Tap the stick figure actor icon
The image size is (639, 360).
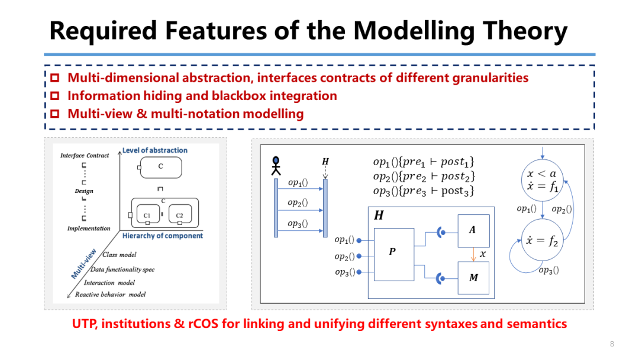pos(276,165)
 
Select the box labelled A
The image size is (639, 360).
pos(473,230)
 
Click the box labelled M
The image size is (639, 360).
pos(473,277)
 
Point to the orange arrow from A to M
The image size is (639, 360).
pos(473,254)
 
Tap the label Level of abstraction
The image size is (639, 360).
pos(154,150)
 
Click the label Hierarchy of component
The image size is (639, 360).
pos(162,236)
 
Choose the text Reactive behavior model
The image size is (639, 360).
pos(110,294)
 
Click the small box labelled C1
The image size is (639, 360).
pos(147,215)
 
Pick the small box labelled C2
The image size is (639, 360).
pos(179,215)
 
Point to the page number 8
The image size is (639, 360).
pos(612,344)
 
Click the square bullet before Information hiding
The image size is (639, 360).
pos(55,96)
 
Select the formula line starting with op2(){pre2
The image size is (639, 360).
pos(424,176)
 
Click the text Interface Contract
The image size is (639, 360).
pos(85,156)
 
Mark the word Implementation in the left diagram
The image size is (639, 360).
pos(89,229)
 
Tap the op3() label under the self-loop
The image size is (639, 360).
pos(549,270)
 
